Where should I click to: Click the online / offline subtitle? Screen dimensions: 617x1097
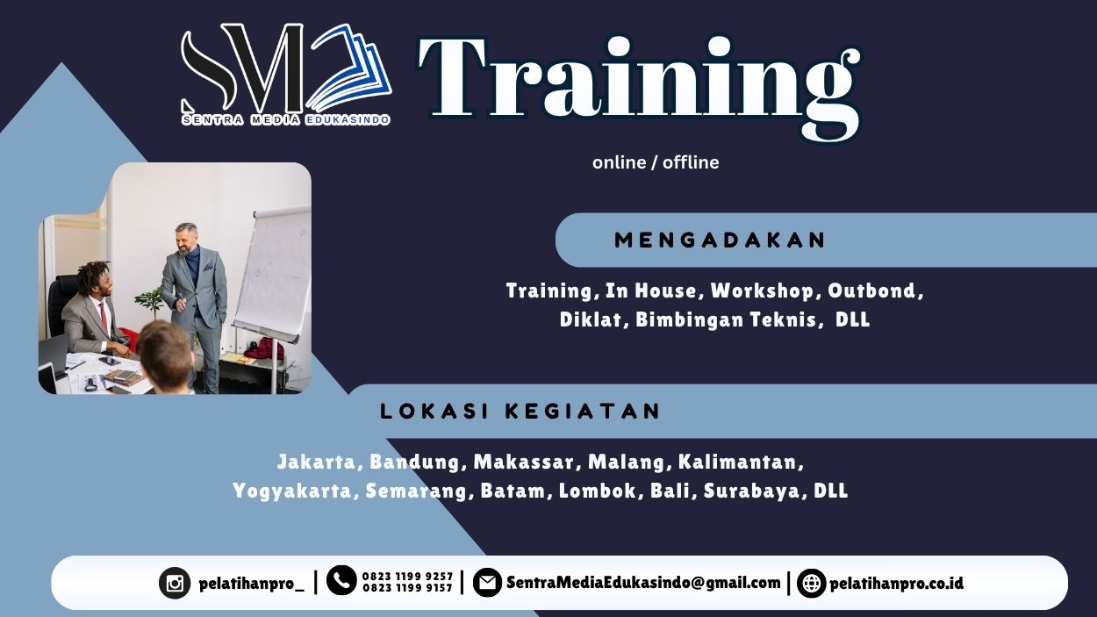(656, 162)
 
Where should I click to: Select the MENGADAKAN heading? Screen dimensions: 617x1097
(721, 240)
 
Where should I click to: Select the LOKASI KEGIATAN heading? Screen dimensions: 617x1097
(520, 411)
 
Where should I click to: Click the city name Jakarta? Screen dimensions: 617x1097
(319, 462)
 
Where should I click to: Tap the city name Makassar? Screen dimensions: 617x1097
(526, 462)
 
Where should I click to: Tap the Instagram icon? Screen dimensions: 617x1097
(175, 583)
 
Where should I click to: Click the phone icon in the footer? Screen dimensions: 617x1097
(341, 580)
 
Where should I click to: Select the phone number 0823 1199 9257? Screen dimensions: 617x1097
(407, 576)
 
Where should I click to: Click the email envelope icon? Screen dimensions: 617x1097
(487, 583)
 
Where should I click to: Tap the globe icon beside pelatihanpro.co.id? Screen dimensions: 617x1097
(811, 583)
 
